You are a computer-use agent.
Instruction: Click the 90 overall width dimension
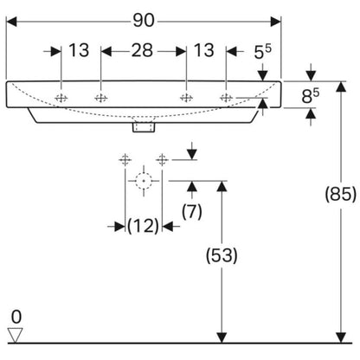tap(144, 21)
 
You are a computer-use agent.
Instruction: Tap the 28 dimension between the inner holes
tap(142, 50)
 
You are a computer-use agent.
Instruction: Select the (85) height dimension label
tap(341, 194)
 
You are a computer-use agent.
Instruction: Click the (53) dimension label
tap(222, 255)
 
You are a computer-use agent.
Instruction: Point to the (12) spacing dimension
tap(144, 226)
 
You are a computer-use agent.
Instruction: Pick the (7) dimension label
tap(192, 211)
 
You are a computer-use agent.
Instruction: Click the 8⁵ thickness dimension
tap(311, 96)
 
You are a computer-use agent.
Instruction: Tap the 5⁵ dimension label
tap(263, 52)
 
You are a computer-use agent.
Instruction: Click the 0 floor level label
tap(16, 317)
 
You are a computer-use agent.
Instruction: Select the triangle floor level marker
tap(16, 335)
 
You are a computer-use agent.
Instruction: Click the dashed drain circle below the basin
tap(144, 181)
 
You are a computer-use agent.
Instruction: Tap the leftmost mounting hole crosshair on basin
tap(61, 99)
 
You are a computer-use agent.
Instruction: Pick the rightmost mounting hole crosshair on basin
tap(226, 98)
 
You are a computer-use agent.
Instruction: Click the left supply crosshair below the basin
tap(125, 159)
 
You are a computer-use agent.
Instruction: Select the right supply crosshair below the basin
tap(162, 159)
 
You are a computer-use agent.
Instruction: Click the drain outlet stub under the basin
tap(144, 127)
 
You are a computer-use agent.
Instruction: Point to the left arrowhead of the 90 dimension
tap(11, 22)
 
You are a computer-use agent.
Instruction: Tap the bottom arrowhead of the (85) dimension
tap(341, 337)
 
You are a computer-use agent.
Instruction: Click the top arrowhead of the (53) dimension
tap(222, 187)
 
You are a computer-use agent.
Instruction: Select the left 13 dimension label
tap(79, 50)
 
